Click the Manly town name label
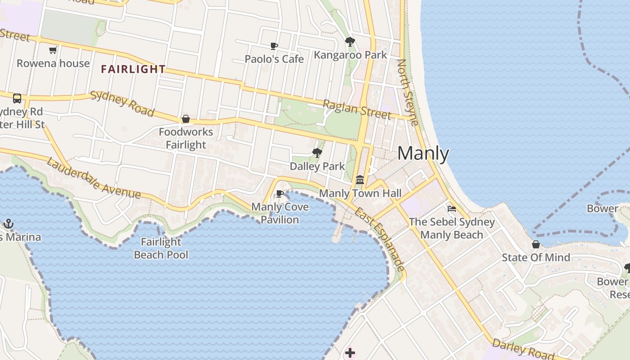click(x=423, y=154)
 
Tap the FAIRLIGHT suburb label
click(x=133, y=69)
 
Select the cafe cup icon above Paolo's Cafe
click(x=274, y=46)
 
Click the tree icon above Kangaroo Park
click(x=350, y=42)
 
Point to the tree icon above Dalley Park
click(x=317, y=153)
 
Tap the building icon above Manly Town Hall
click(x=360, y=180)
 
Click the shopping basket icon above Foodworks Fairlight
click(x=185, y=119)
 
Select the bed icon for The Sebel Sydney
click(x=452, y=208)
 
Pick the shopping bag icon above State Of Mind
click(x=536, y=244)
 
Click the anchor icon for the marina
click(x=8, y=224)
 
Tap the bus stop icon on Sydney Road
click(x=17, y=99)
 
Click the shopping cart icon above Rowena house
click(x=53, y=50)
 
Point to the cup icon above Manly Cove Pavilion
click(x=279, y=194)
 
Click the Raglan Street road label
click(x=357, y=109)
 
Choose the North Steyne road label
click(x=408, y=92)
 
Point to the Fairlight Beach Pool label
click(x=161, y=248)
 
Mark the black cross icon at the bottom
click(x=350, y=353)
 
